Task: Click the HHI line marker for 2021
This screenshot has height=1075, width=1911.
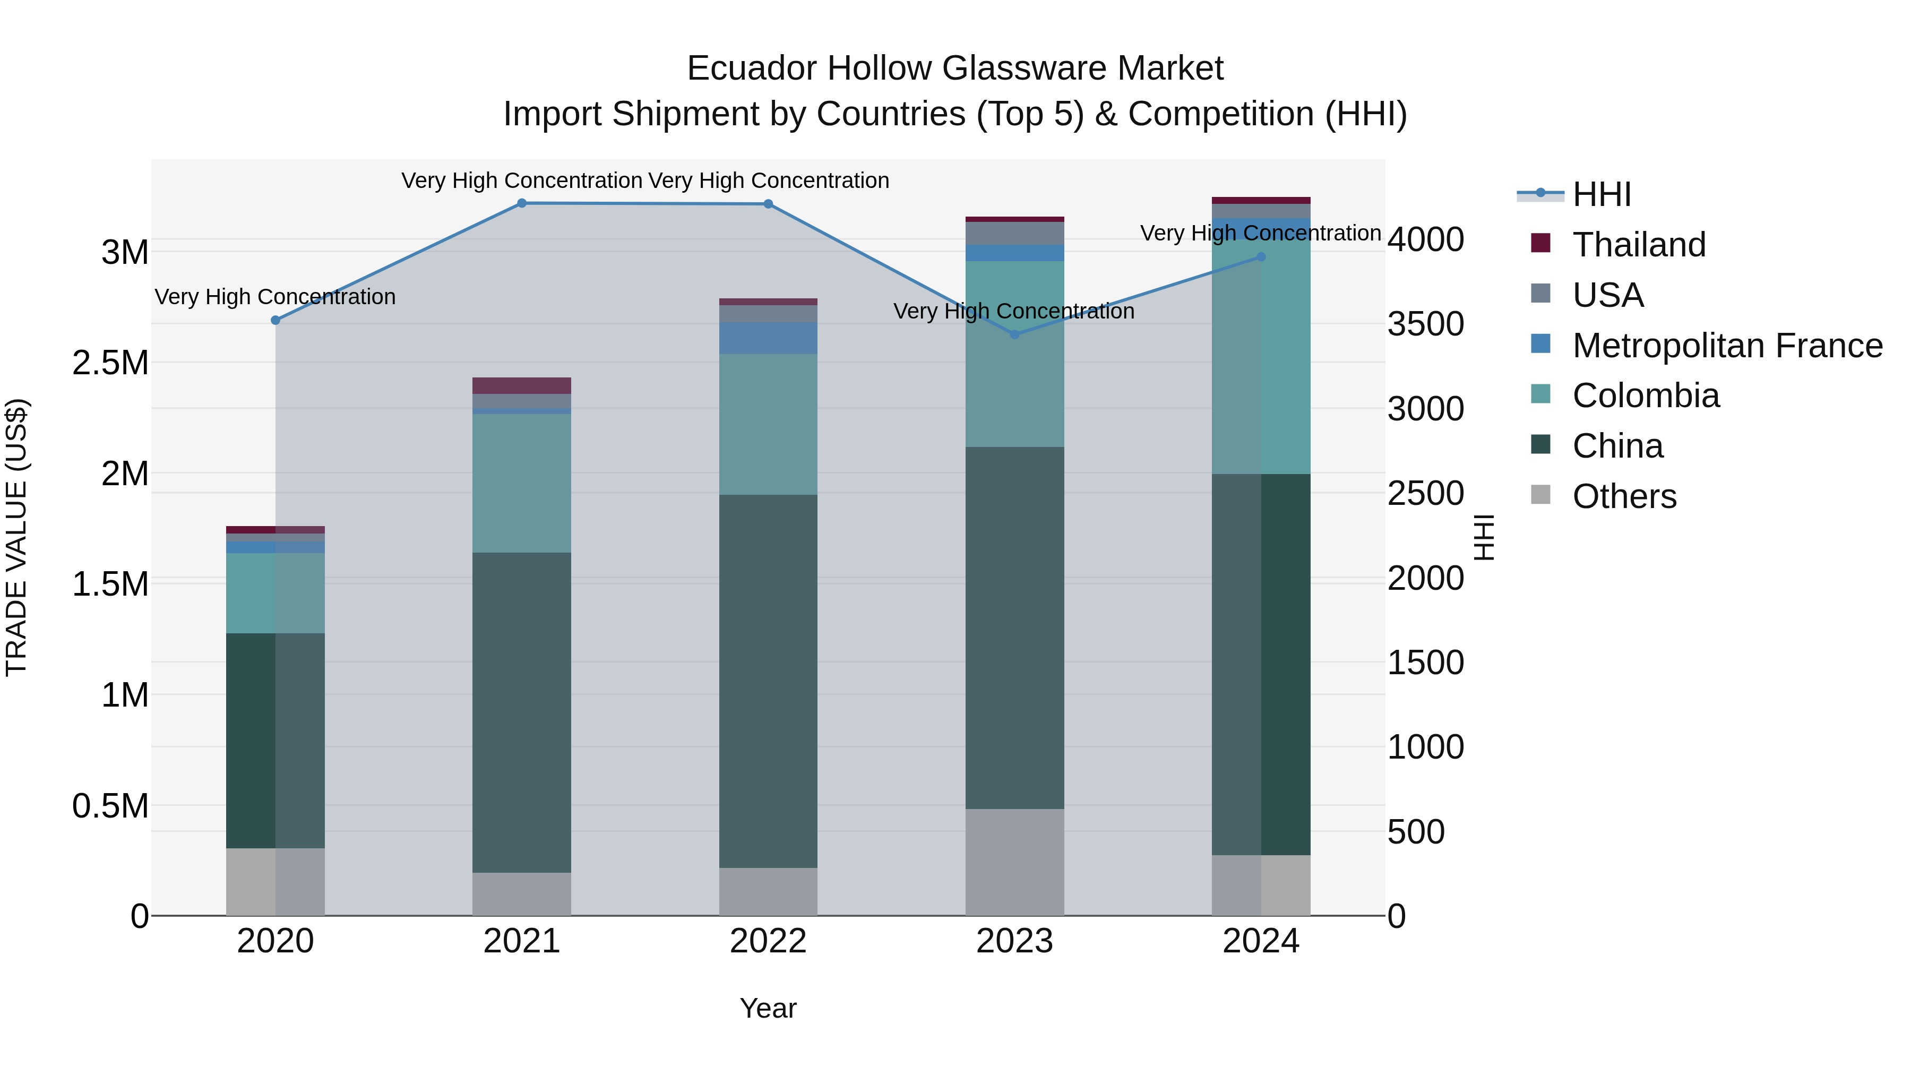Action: [521, 203]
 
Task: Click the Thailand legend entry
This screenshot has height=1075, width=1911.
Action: [1639, 245]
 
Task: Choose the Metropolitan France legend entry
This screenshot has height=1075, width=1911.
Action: [1726, 346]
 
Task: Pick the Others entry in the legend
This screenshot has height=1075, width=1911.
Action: [1624, 496]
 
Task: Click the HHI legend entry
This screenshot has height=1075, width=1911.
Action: [1601, 194]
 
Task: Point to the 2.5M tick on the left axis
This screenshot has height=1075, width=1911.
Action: [110, 363]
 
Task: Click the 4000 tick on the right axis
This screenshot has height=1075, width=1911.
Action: [1425, 239]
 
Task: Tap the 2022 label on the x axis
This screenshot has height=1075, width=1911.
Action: [768, 941]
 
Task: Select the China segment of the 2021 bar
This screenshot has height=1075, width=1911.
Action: [521, 712]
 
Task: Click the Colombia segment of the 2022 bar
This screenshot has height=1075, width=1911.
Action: [768, 424]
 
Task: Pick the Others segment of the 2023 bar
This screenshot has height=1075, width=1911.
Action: [1014, 862]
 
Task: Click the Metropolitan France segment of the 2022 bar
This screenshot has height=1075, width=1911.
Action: [768, 338]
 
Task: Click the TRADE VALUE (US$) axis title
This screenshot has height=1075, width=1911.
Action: [16, 537]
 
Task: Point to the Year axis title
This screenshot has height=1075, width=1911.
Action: [768, 1008]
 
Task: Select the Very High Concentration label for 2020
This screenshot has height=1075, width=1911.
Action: [275, 297]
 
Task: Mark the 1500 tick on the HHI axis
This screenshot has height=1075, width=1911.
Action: [1425, 663]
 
